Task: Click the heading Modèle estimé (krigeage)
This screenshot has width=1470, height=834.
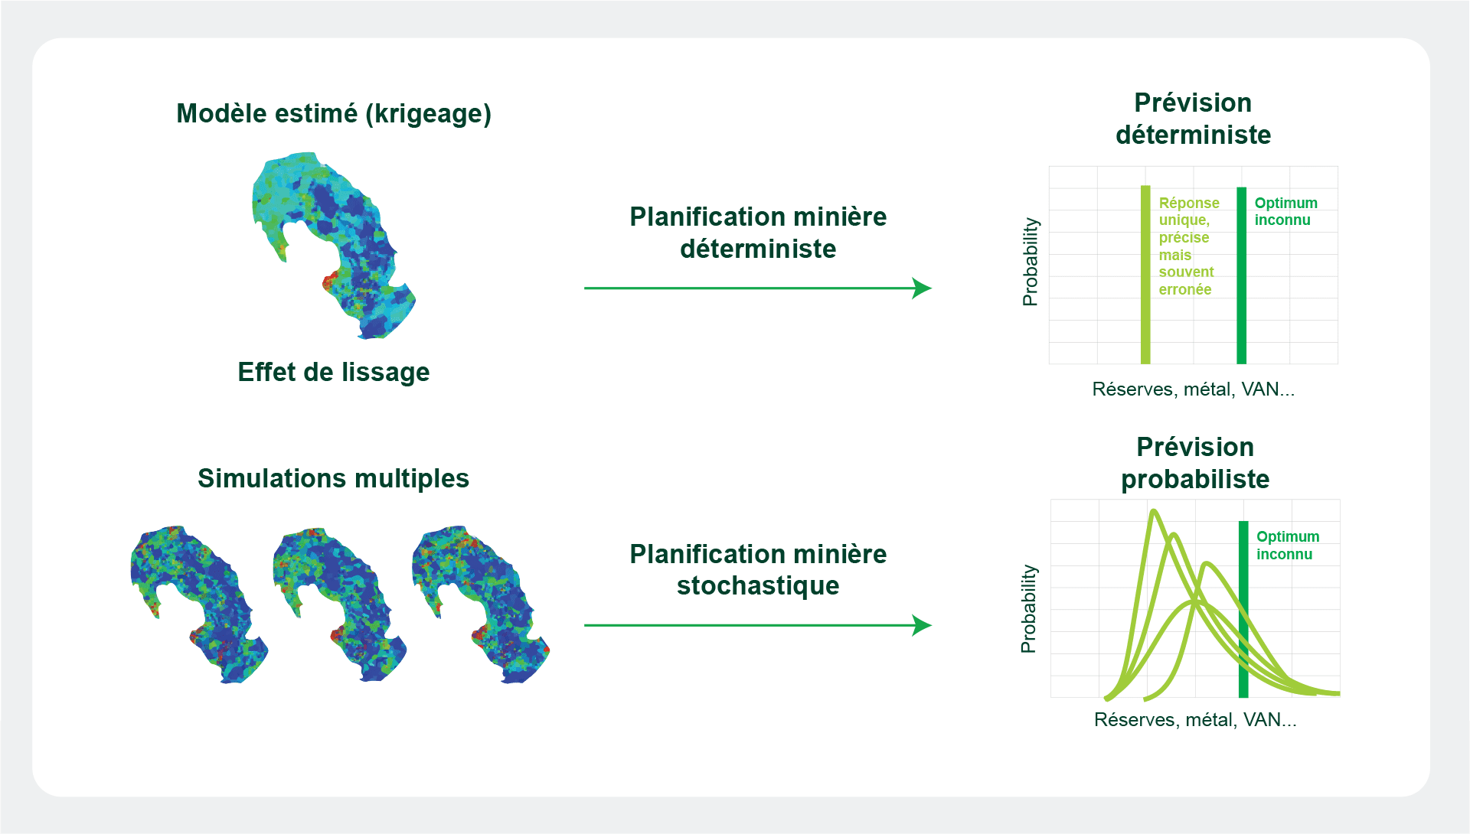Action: point(334,114)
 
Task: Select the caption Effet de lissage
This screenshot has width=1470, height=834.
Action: point(334,372)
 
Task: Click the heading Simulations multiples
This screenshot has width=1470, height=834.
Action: point(334,478)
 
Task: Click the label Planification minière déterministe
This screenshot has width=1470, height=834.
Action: point(758,233)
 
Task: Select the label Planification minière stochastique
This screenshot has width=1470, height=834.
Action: point(758,569)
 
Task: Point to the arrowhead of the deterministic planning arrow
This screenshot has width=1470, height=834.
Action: point(923,288)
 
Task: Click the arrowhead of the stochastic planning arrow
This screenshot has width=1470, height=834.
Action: point(923,625)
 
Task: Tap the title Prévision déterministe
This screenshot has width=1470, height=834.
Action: point(1193,119)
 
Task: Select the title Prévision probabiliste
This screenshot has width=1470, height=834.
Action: point(1195,463)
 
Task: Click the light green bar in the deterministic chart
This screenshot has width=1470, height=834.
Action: point(1145,275)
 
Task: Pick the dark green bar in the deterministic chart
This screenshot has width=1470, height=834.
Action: point(1242,275)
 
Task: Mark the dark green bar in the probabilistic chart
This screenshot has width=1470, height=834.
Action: point(1243,609)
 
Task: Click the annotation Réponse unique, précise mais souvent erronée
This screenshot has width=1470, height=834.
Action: point(1189,246)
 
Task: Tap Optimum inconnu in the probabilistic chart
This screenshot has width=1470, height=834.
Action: point(1288,546)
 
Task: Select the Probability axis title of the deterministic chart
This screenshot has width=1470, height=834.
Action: point(1031,262)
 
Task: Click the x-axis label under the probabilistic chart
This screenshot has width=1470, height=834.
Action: point(1195,720)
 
